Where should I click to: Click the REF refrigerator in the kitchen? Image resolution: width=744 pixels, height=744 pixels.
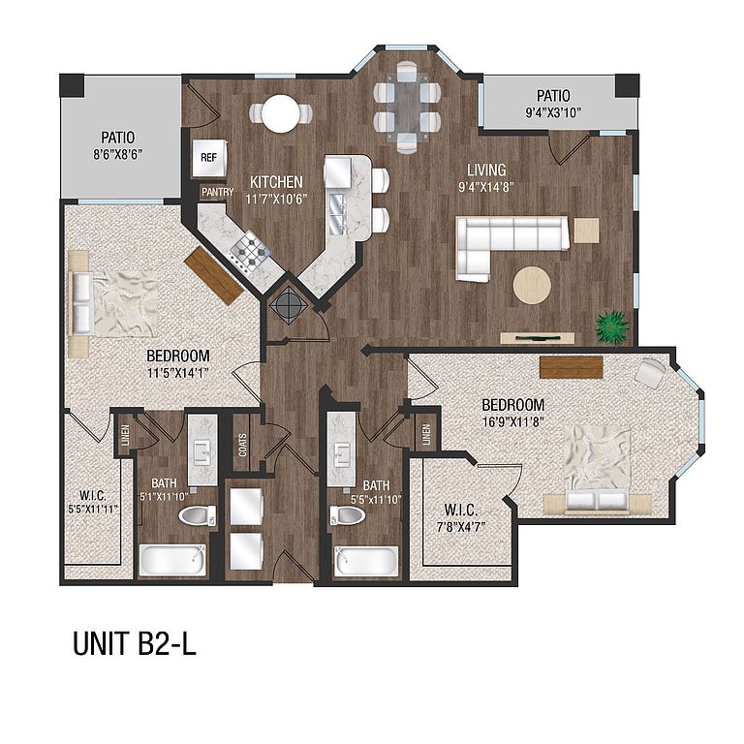click(209, 158)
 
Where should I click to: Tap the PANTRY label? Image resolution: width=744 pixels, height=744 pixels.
click(217, 192)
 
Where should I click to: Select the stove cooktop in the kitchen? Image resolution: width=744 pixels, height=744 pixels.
click(250, 254)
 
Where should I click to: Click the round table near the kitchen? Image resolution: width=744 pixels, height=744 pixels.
click(280, 114)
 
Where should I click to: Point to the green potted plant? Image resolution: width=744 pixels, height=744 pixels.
click(612, 326)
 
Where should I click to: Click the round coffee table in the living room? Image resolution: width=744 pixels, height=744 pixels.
click(532, 285)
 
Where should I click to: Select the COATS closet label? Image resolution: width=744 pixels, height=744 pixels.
click(242, 445)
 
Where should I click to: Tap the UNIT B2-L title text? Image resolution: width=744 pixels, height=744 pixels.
click(135, 644)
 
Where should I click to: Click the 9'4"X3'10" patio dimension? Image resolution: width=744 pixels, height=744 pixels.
click(553, 113)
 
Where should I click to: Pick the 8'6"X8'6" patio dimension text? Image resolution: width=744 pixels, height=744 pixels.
click(117, 155)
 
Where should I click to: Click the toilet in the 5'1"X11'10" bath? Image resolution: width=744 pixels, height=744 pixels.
click(198, 515)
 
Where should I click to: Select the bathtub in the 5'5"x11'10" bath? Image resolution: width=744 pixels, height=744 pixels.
click(366, 561)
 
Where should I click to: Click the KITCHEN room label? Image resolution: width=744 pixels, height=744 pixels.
click(276, 182)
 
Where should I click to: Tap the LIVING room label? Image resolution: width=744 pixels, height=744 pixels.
click(486, 170)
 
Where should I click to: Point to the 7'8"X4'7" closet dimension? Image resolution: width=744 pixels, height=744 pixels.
click(461, 527)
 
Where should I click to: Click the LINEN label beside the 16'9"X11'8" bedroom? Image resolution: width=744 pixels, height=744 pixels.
click(426, 434)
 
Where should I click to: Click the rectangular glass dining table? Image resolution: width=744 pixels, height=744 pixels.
click(407, 108)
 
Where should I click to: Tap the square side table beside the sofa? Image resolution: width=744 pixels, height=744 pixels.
click(586, 231)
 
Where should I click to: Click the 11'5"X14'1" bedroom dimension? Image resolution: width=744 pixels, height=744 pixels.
click(178, 372)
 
